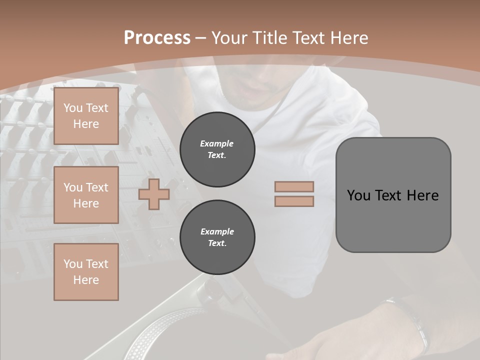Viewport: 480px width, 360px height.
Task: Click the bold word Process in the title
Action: (157, 38)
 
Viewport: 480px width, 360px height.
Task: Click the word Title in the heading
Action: (269, 38)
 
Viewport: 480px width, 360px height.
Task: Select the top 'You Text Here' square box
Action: (86, 116)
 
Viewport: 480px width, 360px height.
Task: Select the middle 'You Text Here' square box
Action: (86, 195)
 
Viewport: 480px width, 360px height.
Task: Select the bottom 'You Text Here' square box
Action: (86, 271)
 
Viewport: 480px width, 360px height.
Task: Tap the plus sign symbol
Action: (154, 194)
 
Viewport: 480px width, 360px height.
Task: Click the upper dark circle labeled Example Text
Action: (217, 149)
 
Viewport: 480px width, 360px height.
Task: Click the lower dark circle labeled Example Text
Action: (217, 237)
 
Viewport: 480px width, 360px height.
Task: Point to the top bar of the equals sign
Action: (294, 186)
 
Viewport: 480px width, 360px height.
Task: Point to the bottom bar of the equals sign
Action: (294, 201)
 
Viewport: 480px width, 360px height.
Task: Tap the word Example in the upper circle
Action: (216, 144)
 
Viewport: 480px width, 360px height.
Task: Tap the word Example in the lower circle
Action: (217, 232)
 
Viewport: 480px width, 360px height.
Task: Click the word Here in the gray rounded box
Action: (422, 195)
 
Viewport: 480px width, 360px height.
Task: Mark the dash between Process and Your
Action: (201, 38)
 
